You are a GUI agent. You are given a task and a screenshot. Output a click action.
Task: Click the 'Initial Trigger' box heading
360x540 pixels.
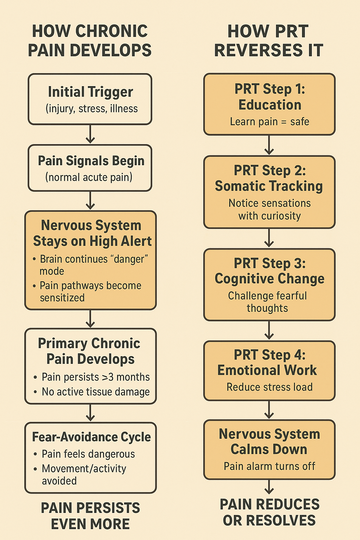click(x=90, y=92)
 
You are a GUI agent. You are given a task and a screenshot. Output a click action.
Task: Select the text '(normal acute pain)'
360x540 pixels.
click(x=89, y=177)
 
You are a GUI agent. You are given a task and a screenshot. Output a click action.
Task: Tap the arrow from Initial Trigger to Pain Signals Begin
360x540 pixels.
click(x=90, y=134)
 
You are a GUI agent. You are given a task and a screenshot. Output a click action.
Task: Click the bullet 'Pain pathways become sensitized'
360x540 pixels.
click(x=90, y=291)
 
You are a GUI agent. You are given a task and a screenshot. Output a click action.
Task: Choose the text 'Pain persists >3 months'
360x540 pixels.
click(x=96, y=377)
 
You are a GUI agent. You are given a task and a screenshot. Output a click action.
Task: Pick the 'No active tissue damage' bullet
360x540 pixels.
click(x=96, y=392)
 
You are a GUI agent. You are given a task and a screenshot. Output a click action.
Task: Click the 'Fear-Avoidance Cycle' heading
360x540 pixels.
click(x=91, y=437)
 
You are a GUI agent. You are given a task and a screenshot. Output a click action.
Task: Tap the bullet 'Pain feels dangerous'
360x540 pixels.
click(x=88, y=454)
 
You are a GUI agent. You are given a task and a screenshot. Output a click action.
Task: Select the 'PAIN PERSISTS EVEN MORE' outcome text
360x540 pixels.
click(x=90, y=516)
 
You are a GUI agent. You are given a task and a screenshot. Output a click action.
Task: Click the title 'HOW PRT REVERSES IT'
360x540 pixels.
click(x=269, y=40)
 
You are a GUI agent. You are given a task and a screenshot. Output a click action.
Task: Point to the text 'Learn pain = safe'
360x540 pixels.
click(x=270, y=122)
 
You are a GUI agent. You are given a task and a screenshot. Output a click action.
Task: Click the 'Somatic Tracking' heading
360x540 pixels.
click(x=269, y=186)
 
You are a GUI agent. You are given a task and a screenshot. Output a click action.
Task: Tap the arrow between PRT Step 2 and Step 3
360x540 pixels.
click(x=269, y=238)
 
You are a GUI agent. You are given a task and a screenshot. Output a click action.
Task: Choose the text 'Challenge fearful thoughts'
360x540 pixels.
click(x=268, y=302)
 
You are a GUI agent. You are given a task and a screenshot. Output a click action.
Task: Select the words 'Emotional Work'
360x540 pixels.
click(x=267, y=370)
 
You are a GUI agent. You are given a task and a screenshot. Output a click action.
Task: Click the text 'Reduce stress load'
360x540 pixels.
click(x=270, y=387)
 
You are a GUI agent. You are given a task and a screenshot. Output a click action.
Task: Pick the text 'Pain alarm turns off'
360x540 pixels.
click(x=270, y=466)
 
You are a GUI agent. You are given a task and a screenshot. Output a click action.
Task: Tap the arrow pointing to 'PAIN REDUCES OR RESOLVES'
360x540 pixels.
click(x=269, y=487)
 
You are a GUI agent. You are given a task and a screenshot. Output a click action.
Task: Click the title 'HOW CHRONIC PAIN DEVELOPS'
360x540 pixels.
click(x=90, y=40)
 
